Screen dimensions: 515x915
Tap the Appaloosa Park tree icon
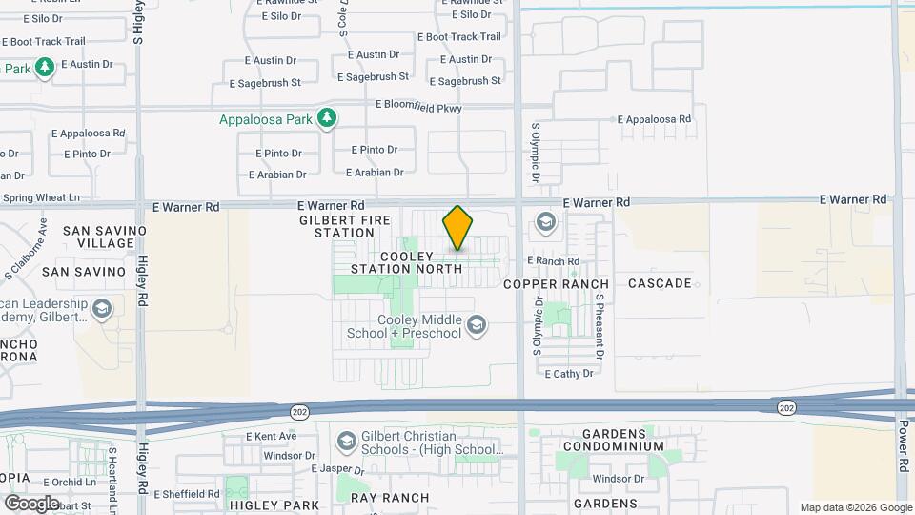click(x=328, y=119)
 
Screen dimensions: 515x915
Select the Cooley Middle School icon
click(x=477, y=326)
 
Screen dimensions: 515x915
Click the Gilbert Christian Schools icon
click(x=347, y=440)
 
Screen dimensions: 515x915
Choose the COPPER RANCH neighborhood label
click(x=556, y=284)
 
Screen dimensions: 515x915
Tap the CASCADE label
click(x=660, y=283)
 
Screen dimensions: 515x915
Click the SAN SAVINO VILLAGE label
click(x=105, y=237)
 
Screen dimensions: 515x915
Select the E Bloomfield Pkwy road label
click(x=418, y=107)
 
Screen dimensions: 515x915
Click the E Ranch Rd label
click(x=553, y=260)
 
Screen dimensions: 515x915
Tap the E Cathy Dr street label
click(x=569, y=374)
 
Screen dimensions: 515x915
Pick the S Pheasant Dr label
click(x=600, y=326)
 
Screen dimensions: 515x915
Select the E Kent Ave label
click(x=271, y=436)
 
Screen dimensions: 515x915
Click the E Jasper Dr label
click(x=338, y=470)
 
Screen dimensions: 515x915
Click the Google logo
click(x=31, y=503)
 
